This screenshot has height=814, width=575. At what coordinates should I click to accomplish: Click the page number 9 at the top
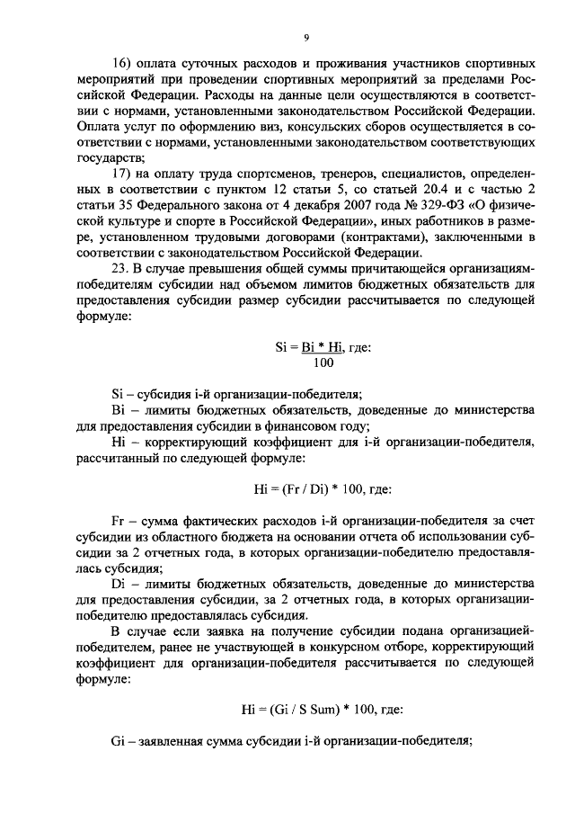(x=306, y=37)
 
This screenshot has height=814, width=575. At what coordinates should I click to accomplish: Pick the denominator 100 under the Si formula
(x=319, y=362)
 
